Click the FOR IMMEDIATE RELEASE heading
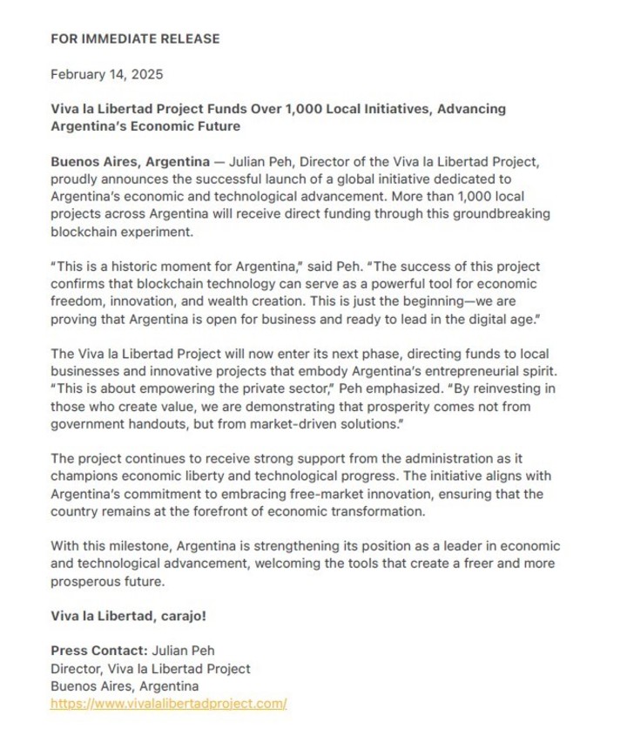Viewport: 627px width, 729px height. (x=135, y=38)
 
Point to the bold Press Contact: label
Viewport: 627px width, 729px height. (x=99, y=651)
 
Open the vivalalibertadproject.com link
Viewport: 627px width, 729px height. (x=169, y=703)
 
